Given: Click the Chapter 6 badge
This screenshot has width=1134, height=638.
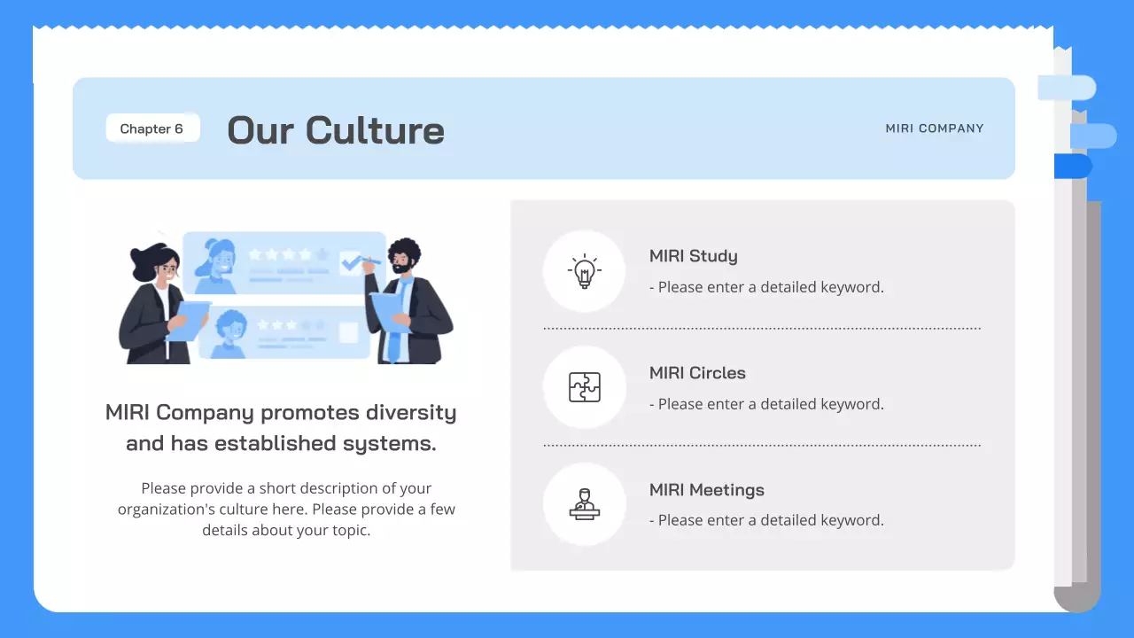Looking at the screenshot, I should (x=151, y=128).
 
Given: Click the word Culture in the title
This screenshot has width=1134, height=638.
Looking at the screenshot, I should (x=375, y=130).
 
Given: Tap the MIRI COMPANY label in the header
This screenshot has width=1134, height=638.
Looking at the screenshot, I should (x=934, y=128).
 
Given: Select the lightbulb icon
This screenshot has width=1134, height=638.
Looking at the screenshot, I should (x=584, y=271).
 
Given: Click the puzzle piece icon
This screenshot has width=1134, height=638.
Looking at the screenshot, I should (x=584, y=387).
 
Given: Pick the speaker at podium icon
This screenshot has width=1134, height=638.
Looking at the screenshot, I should (x=584, y=504).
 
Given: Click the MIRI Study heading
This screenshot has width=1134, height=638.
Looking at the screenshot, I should (x=693, y=256).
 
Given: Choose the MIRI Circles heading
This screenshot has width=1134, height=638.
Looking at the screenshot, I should (x=697, y=373).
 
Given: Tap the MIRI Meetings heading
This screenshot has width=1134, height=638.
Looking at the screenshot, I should (x=706, y=490).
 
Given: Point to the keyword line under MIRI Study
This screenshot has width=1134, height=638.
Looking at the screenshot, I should (x=766, y=287).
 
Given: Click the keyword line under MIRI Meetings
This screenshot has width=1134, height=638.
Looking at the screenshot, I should (x=766, y=520).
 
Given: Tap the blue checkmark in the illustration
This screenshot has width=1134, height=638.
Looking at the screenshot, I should (x=353, y=262).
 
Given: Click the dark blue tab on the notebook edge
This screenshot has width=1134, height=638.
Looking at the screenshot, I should (x=1073, y=166).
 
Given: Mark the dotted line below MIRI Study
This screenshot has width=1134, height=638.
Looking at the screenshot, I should (x=761, y=328).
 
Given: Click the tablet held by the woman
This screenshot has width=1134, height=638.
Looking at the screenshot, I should (x=189, y=320).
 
